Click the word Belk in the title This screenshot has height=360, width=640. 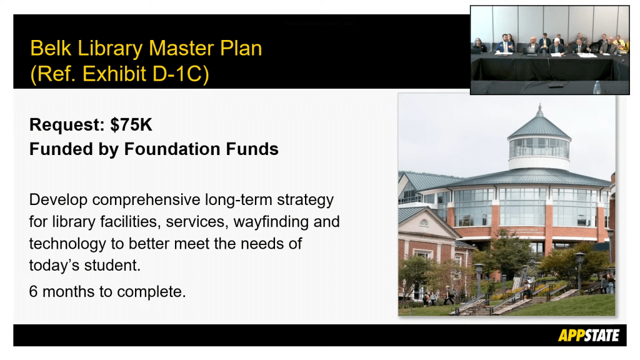pyautogui.click(x=51, y=48)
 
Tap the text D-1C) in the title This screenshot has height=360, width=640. pyautogui.click(x=181, y=74)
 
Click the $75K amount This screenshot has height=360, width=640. pyautogui.click(x=131, y=125)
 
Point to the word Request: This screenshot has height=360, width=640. pyautogui.click(x=67, y=125)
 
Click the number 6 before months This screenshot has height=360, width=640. pyautogui.click(x=33, y=291)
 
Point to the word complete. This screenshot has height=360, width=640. pyautogui.click(x=151, y=292)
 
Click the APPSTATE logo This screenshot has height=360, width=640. pyautogui.click(x=589, y=336)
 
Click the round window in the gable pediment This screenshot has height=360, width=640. pyautogui.click(x=424, y=223)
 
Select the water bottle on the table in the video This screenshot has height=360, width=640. pyautogui.click(x=597, y=87)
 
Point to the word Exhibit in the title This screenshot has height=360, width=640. pyautogui.click(x=114, y=74)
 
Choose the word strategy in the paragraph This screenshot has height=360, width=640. pyautogui.click(x=305, y=201)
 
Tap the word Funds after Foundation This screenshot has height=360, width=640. pyautogui.click(x=252, y=149)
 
